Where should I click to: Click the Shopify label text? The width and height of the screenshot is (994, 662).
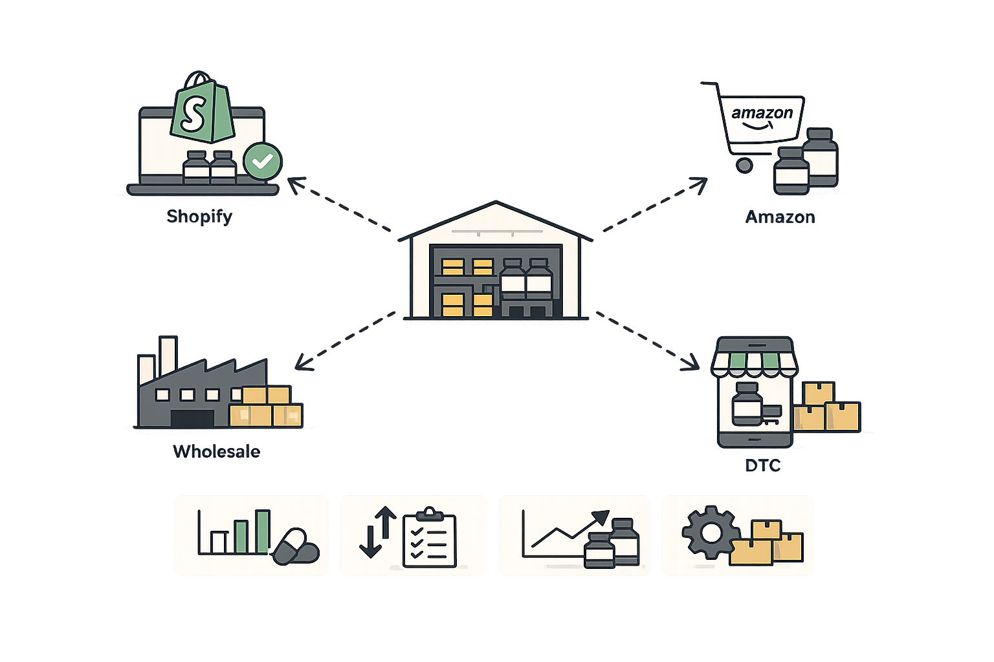coord(199,216)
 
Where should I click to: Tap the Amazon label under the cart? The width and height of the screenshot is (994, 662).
coord(780,217)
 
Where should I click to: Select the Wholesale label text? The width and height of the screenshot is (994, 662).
coord(216,451)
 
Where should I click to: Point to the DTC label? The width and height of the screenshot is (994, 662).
coord(762,465)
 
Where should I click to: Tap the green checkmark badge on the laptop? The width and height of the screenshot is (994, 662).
coord(262,162)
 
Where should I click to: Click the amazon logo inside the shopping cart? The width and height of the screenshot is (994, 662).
coord(762,114)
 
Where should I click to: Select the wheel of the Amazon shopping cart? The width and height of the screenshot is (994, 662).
coord(744,165)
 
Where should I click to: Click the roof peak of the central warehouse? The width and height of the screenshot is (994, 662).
coord(495,204)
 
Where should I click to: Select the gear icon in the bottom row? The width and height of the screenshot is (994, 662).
coord(710,533)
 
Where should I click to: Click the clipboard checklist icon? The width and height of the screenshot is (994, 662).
coord(429,539)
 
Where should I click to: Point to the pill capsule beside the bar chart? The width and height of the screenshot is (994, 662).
coord(295,548)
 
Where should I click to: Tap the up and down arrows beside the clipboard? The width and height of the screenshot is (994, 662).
coord(378,532)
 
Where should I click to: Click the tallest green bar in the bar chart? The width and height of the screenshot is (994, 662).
coord(262,531)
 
